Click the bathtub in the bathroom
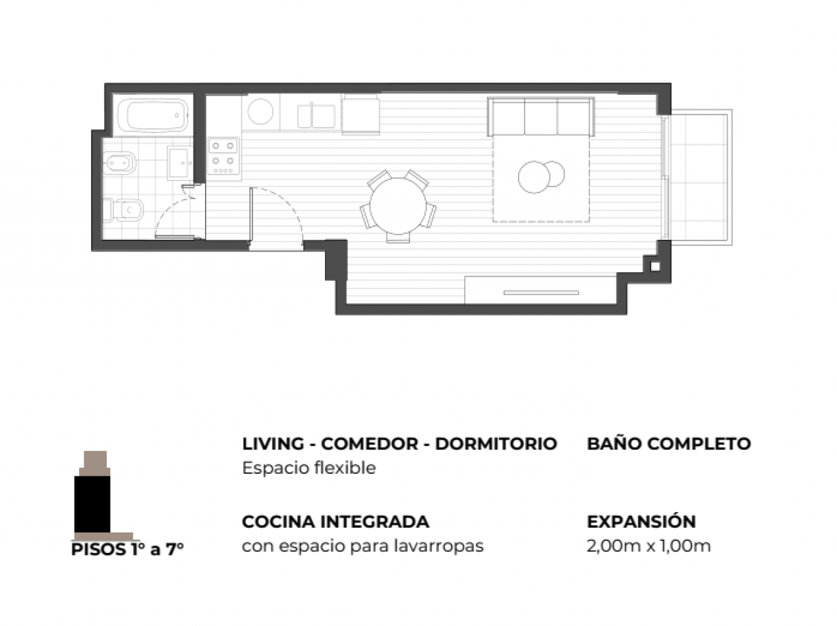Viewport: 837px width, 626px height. (152, 115)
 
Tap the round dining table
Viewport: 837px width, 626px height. (397, 206)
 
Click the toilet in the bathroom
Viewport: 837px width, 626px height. (123, 210)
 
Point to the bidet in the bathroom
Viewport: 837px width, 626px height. (119, 163)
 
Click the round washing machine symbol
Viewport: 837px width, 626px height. (260, 112)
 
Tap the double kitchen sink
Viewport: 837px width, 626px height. (316, 116)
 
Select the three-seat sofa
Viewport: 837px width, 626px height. (540, 117)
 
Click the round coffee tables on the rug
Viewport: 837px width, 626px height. (541, 177)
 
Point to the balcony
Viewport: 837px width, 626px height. (701, 177)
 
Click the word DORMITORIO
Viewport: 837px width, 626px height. (496, 443)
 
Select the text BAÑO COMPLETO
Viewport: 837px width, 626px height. (668, 443)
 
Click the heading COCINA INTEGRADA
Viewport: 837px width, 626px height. (335, 522)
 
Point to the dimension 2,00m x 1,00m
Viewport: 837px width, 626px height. (649, 546)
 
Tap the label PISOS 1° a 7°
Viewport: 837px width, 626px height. (127, 550)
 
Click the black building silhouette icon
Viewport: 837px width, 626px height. (92, 504)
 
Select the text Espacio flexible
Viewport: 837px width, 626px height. (309, 468)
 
